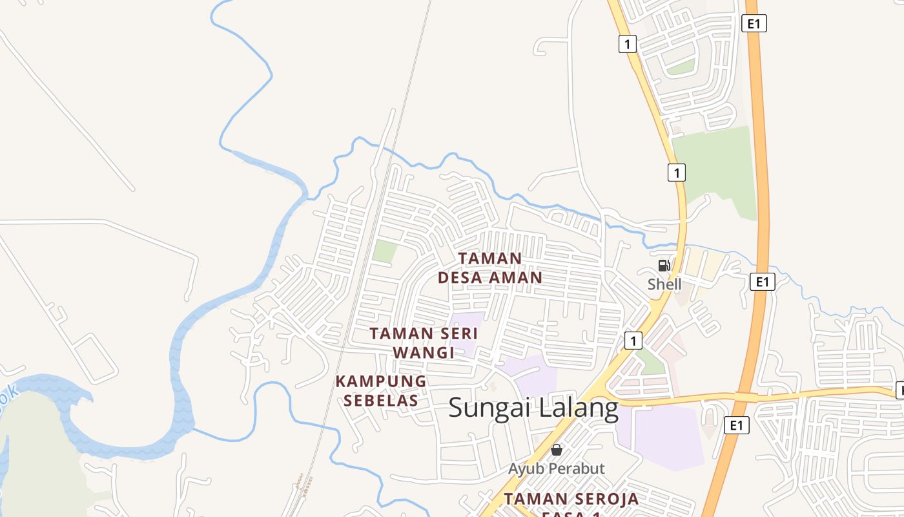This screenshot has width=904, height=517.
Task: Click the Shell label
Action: [x=664, y=284]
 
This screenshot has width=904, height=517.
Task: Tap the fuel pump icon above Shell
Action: [x=664, y=266]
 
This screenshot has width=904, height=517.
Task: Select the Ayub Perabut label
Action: [x=556, y=469]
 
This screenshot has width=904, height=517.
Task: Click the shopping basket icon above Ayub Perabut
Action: [x=557, y=450]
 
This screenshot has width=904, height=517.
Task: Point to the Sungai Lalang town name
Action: [x=533, y=408]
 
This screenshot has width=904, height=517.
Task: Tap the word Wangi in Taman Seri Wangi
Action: [x=424, y=353]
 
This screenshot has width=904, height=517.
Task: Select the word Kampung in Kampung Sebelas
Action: [x=381, y=381]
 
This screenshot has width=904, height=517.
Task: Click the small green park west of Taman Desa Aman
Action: [x=385, y=251]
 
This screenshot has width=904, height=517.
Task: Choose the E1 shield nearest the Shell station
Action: [x=763, y=282]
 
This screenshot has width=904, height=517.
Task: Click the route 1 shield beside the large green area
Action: [x=676, y=173]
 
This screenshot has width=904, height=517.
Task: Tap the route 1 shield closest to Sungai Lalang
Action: [x=633, y=340]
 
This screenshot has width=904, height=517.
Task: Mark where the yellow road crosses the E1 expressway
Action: [x=745, y=396]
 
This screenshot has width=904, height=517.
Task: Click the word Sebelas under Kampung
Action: [x=381, y=401]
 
